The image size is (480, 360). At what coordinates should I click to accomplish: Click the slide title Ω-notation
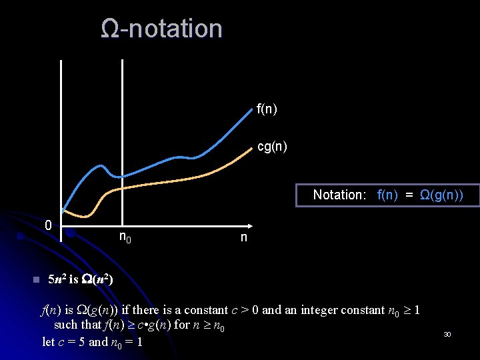click(161, 29)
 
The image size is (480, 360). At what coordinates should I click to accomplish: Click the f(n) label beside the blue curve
click(267, 109)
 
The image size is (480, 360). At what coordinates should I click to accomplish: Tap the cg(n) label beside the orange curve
click(272, 147)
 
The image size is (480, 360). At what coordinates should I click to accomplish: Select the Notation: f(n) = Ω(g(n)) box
click(387, 195)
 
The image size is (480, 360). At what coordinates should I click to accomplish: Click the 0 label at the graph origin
click(48, 225)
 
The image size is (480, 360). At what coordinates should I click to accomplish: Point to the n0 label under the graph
click(125, 237)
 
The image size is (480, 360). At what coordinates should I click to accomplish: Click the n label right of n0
click(243, 237)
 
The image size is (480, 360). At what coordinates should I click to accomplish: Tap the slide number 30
click(447, 333)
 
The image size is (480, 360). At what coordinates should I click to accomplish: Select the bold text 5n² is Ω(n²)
click(81, 279)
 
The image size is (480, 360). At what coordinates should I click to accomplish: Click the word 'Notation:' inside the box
click(339, 195)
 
